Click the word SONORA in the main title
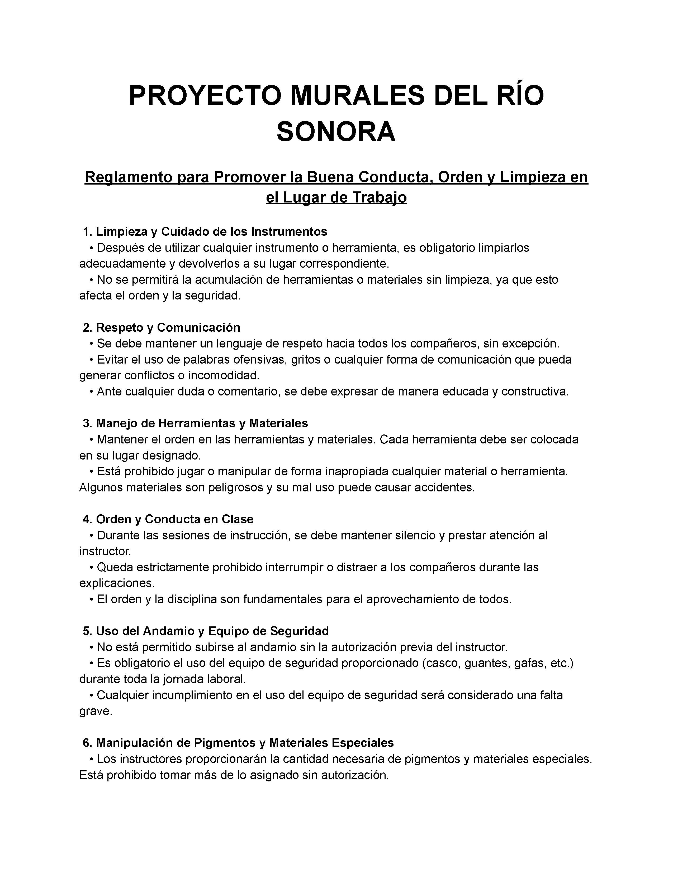336,132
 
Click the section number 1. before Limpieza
87,231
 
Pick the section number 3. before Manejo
87,423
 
